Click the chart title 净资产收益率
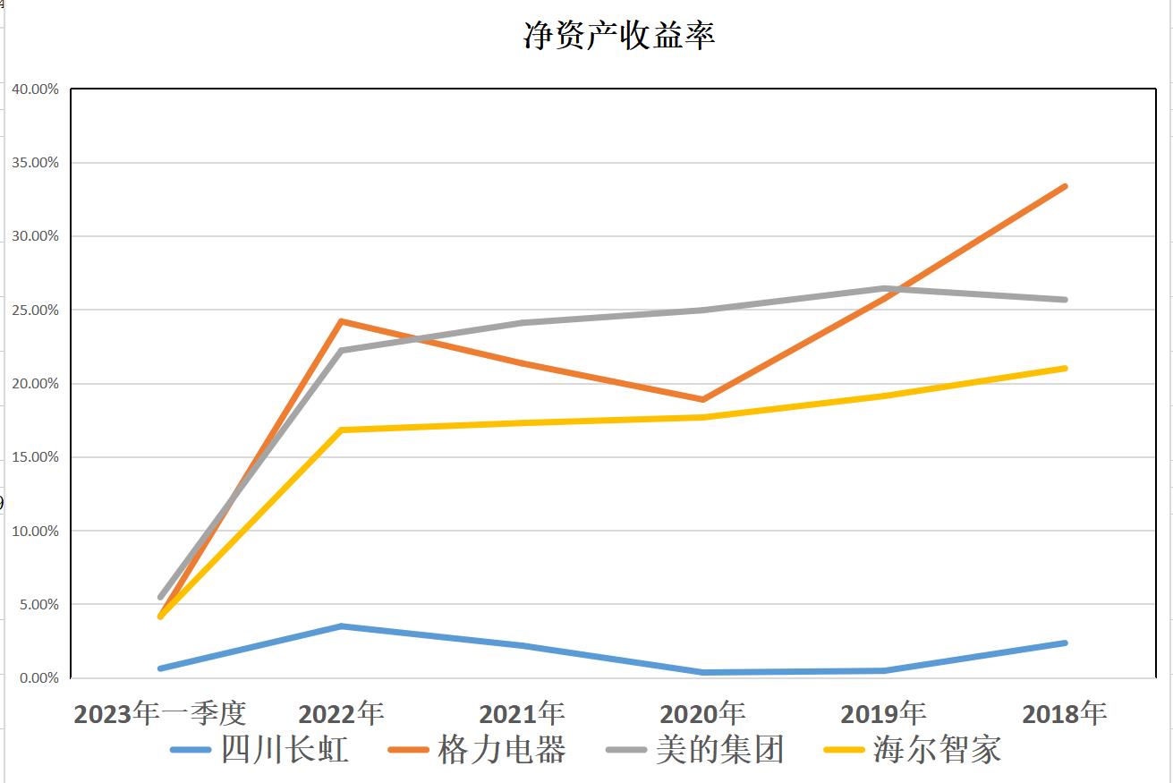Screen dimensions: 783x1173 click(x=618, y=36)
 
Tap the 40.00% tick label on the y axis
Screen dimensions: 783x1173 click(x=35, y=89)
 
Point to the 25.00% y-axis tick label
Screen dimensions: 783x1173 click(x=35, y=311)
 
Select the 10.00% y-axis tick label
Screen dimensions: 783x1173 click(x=35, y=532)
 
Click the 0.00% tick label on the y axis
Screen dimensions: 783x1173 click(x=38, y=678)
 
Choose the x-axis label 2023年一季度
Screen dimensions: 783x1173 click(x=159, y=713)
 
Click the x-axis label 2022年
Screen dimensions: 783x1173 click(x=341, y=713)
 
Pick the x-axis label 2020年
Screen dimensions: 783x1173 click(x=702, y=713)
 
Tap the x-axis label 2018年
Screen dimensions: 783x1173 click(x=1064, y=713)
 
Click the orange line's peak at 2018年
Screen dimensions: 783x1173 click(x=1065, y=186)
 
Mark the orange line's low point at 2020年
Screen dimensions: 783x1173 click(x=703, y=399)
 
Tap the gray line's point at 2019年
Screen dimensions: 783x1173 click(x=884, y=288)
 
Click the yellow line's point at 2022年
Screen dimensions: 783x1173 click(x=341, y=430)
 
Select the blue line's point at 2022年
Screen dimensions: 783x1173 click(x=341, y=626)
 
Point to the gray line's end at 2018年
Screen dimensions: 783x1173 click(x=1065, y=300)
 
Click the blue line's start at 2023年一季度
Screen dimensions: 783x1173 click(x=160, y=668)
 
